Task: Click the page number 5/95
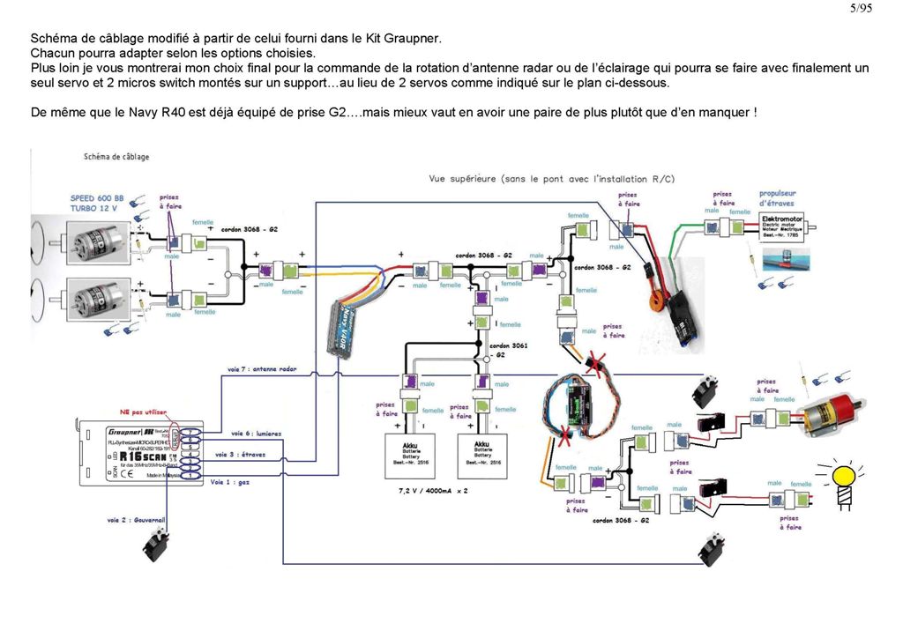860,9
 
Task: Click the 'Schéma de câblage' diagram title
116,157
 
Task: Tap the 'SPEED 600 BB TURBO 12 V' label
95,204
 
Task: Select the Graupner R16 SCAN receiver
141,450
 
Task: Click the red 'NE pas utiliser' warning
144,412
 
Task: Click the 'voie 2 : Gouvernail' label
137,520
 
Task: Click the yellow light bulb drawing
845,479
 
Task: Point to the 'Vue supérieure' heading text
551,179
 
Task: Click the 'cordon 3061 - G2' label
509,351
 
